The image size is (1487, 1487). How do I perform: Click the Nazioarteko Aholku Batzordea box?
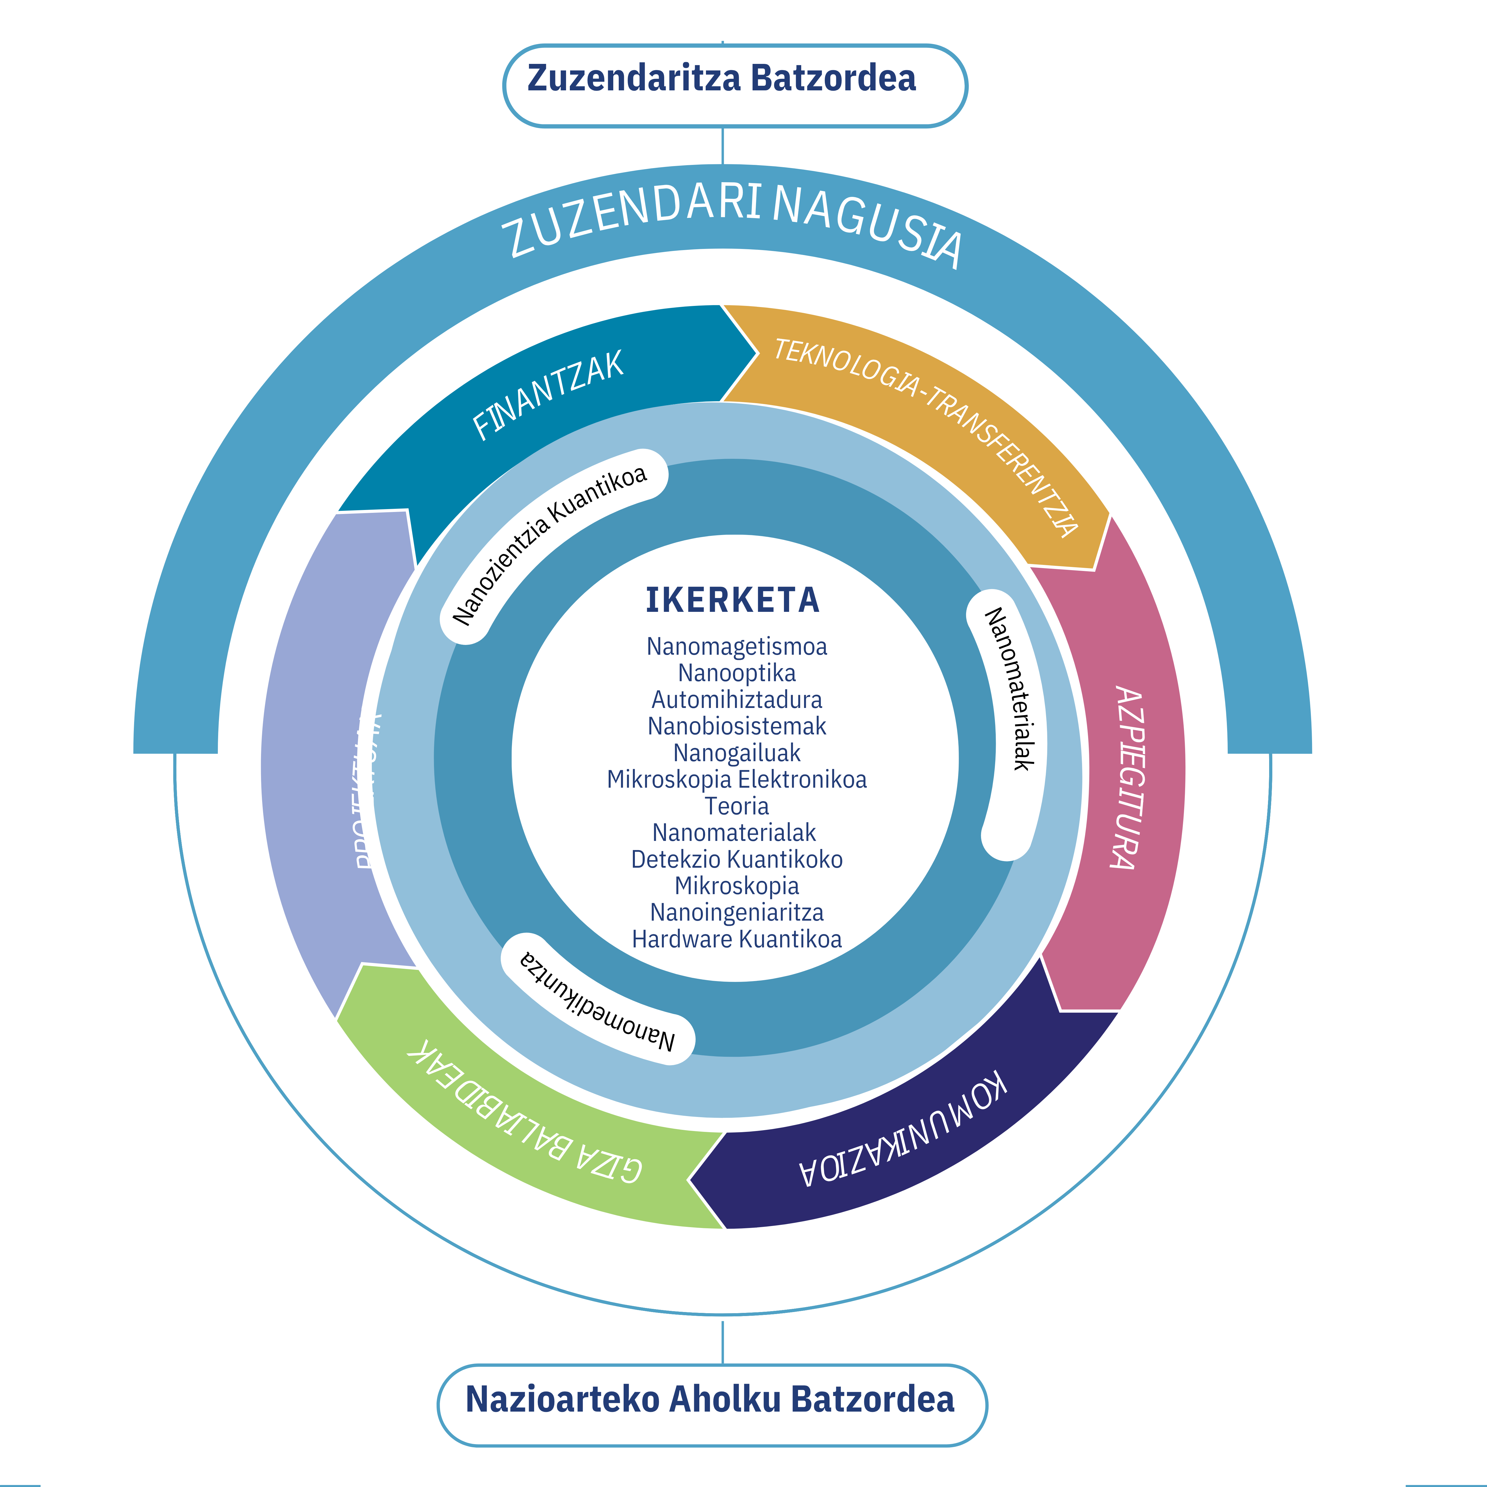point(711,1398)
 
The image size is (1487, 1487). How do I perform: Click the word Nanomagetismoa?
point(736,647)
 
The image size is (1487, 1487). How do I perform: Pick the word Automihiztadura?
point(736,700)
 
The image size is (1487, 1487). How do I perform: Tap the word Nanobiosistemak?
point(736,726)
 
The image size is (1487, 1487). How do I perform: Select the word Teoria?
point(736,806)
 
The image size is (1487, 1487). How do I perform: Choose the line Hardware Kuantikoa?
point(736,939)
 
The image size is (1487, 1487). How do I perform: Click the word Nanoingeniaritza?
point(736,912)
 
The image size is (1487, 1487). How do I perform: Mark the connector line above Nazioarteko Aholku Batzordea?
point(722,1343)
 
